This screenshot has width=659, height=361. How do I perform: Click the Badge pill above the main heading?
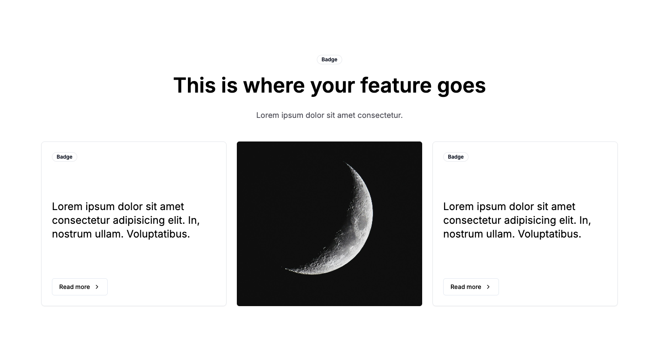329,60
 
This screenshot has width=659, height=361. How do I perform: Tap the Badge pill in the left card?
64,156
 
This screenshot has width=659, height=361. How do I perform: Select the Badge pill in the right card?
456,156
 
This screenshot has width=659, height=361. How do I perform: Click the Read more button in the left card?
80,287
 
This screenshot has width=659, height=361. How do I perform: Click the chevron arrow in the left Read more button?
97,287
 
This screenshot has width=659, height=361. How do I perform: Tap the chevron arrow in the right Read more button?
488,287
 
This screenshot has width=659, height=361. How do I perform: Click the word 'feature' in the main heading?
396,85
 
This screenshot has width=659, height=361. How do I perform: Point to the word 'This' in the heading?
194,85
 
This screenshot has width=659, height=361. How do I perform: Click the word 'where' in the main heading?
274,85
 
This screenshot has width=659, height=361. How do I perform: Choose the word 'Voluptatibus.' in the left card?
158,234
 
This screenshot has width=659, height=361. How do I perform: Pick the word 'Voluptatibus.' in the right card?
550,234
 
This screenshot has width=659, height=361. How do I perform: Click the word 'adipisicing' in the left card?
142,221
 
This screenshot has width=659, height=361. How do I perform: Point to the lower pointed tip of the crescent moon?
283,268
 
